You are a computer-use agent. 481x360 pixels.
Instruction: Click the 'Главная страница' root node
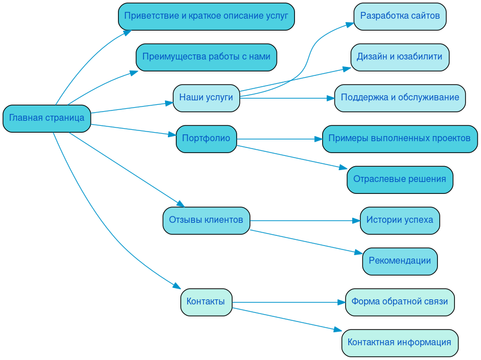[47, 118]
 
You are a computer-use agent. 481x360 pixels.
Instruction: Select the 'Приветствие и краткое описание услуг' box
[206, 16]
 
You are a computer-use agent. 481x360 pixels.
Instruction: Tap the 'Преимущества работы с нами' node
[206, 57]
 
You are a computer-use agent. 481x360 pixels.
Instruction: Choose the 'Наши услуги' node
[206, 98]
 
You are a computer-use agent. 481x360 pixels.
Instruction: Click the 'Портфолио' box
[206, 139]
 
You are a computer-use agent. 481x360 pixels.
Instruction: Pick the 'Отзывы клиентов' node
[206, 221]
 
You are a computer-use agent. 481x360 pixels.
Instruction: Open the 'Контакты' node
[206, 302]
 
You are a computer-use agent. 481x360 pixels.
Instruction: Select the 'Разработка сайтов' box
[400, 16]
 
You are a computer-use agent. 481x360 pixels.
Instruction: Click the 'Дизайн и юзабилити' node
[400, 57]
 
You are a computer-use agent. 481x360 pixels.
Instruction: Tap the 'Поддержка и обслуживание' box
[400, 98]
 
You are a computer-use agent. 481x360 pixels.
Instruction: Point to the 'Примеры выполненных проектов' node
[400, 139]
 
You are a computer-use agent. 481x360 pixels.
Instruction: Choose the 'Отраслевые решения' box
[400, 180]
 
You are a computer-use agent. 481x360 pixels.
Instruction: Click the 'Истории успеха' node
[400, 221]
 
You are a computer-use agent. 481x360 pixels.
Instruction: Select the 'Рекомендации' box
[400, 261]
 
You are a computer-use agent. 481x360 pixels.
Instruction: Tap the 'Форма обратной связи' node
[400, 302]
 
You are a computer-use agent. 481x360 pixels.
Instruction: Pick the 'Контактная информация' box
[400, 343]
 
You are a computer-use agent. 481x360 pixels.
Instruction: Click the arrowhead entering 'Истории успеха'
[356, 221]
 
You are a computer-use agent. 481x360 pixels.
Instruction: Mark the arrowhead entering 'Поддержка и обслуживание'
[330, 98]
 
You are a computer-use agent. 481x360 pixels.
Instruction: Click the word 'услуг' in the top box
[276, 16]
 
